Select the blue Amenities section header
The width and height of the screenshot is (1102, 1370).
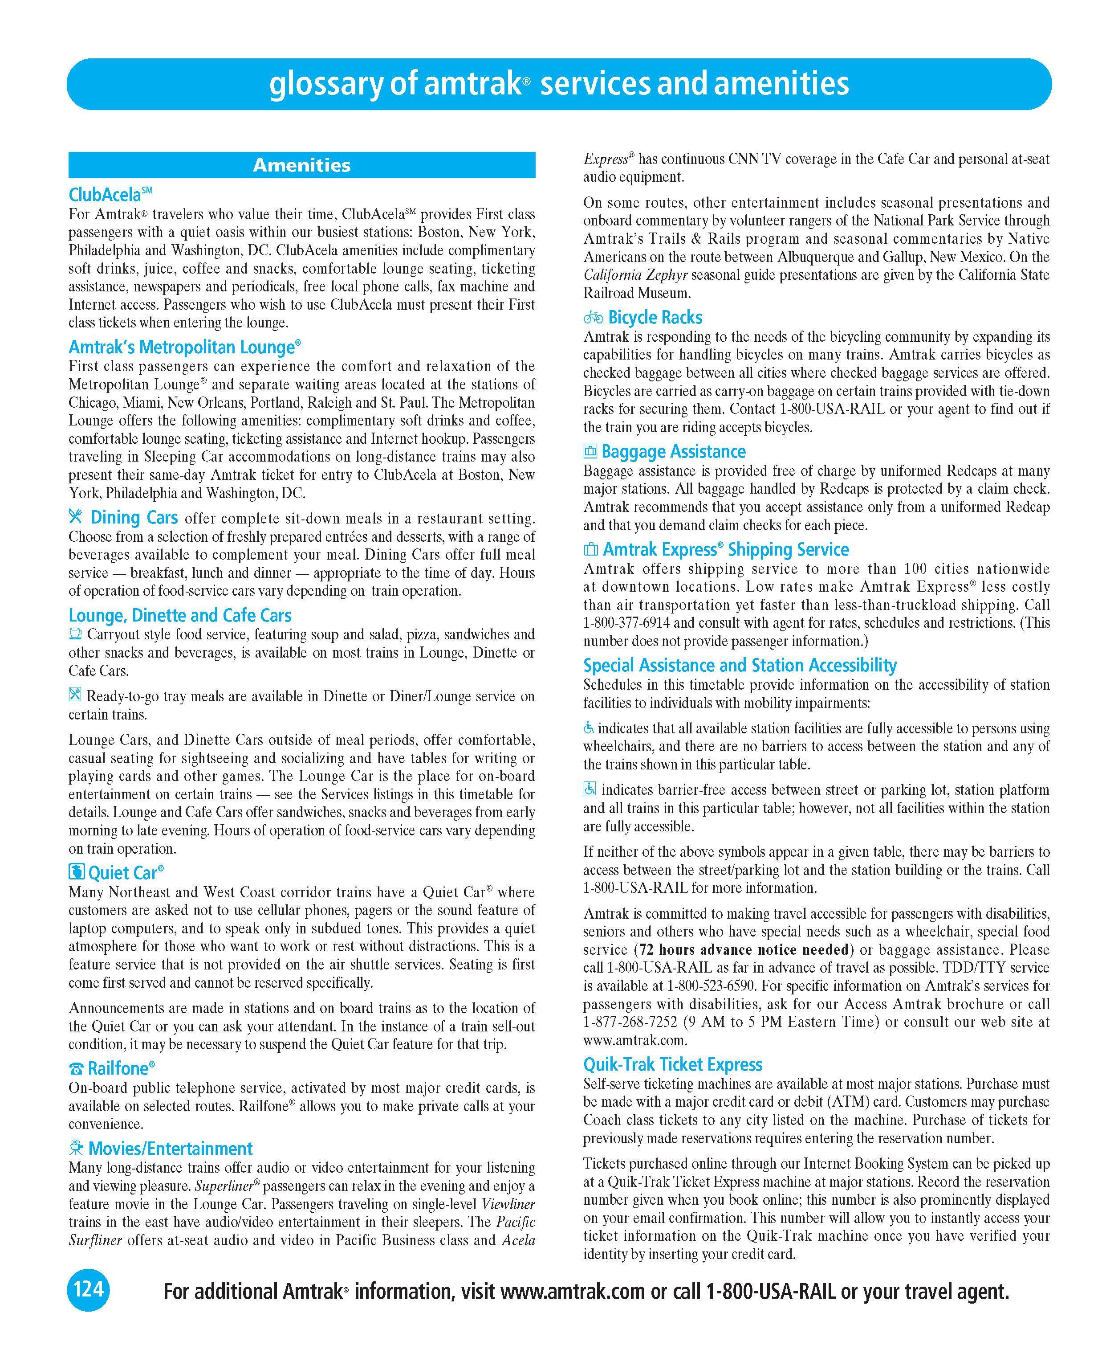(302, 165)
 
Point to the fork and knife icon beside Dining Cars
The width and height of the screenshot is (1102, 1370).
(76, 517)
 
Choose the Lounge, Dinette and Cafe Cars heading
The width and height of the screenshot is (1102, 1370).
(180, 615)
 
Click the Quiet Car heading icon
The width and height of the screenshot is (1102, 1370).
(76, 872)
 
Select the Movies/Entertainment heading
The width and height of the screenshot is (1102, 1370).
(170, 1148)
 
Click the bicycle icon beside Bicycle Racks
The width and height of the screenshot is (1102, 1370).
(593, 317)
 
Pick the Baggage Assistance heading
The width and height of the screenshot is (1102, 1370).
(673, 451)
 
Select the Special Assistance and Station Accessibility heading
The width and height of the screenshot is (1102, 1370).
(740, 665)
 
